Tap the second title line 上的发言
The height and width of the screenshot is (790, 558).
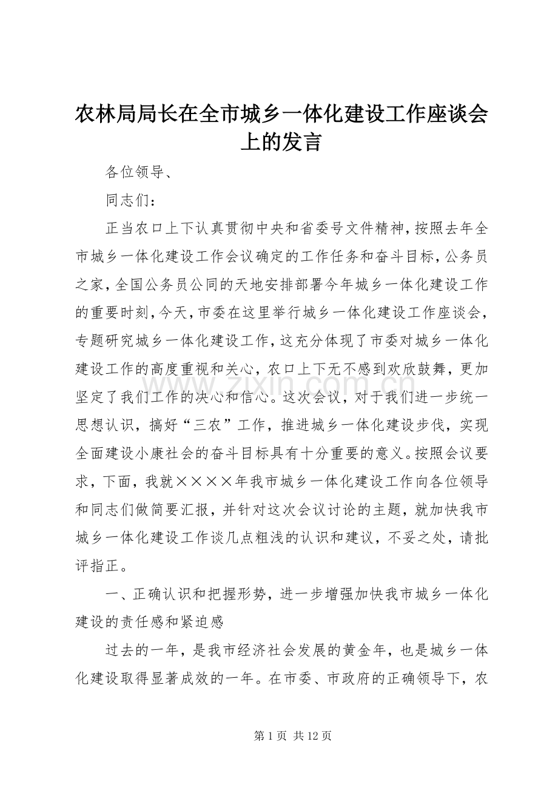coord(279,143)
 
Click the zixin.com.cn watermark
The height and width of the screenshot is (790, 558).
coord(279,385)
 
